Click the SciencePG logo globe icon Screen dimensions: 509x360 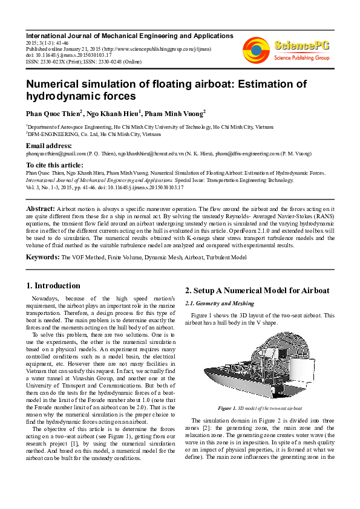click(255, 50)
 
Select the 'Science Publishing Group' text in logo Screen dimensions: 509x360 click(300, 58)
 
